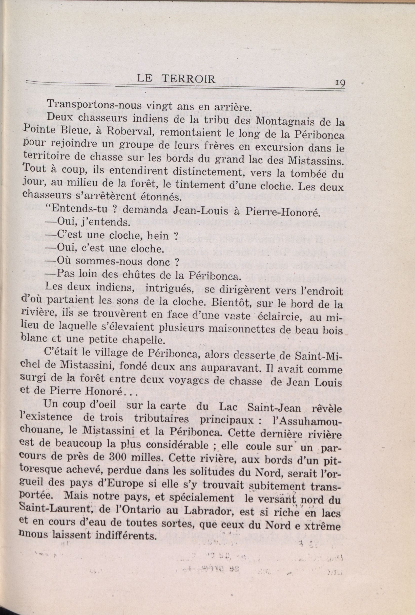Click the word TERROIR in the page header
pyautogui.click(x=189, y=79)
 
